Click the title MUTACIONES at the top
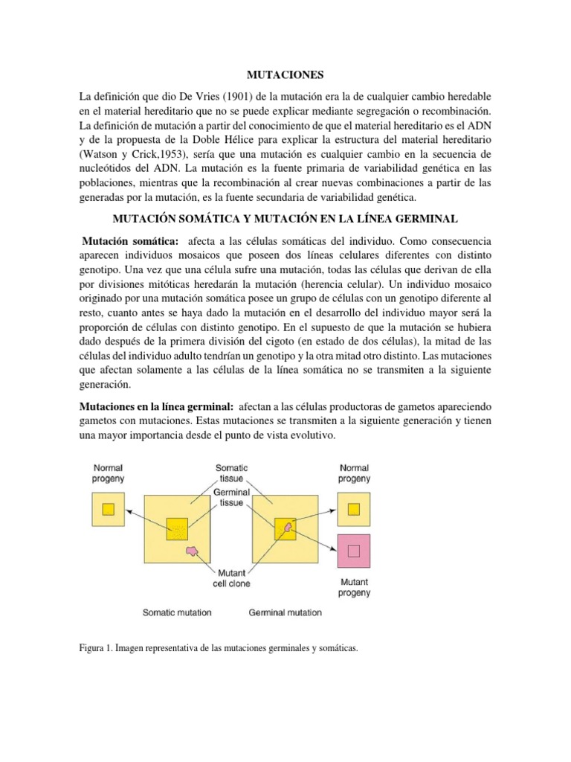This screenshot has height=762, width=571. click(x=285, y=74)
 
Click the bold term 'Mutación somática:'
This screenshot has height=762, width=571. click(x=130, y=241)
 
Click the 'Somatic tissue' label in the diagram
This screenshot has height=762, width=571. click(x=231, y=474)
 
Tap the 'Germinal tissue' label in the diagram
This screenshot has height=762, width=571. click(x=231, y=498)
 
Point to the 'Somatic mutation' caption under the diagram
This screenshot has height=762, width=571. click(x=177, y=613)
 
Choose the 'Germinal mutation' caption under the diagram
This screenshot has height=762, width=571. click(x=285, y=613)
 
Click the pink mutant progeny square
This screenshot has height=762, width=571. click(x=354, y=551)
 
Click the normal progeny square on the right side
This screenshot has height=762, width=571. click(x=354, y=509)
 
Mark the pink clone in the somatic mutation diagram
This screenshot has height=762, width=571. click(x=193, y=551)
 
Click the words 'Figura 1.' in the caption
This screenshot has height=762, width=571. click(x=97, y=648)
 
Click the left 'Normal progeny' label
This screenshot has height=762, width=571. click(x=109, y=474)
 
